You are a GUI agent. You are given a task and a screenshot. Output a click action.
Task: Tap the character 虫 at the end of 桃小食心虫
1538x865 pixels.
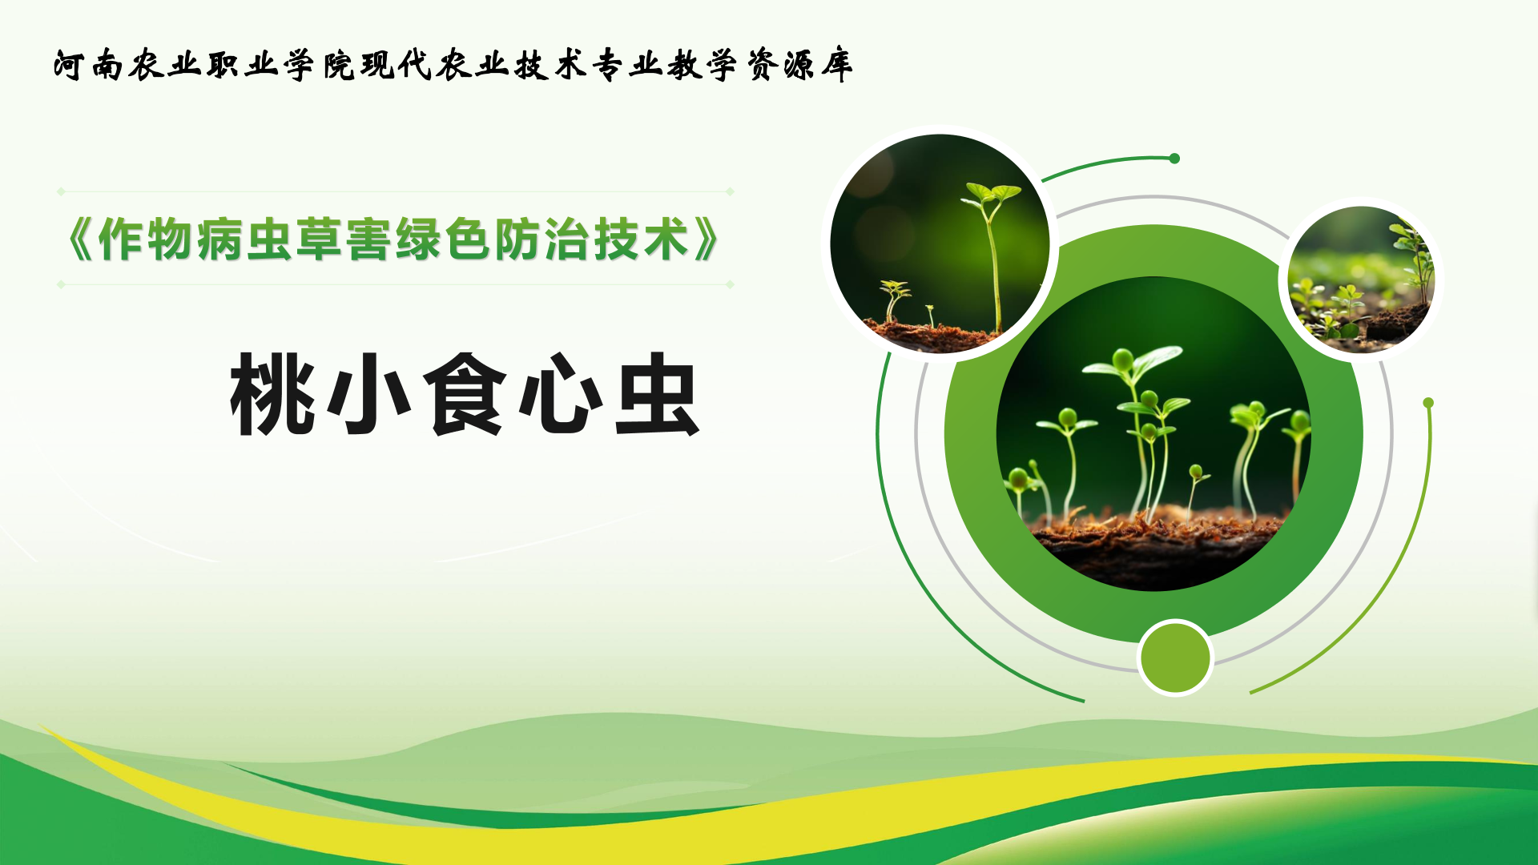[x=657, y=395]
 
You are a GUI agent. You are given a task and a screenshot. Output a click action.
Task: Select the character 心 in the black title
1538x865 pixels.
[x=561, y=395]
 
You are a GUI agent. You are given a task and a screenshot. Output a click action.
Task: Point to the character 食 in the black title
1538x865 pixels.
[x=465, y=395]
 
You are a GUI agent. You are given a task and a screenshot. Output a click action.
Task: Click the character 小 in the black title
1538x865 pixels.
[x=369, y=395]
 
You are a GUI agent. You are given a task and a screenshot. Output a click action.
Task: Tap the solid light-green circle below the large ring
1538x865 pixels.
[x=1175, y=658]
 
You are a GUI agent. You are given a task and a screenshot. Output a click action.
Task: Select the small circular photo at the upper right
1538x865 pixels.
[x=1361, y=280]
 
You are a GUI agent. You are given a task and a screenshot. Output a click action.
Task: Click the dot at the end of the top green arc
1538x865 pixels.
[x=1174, y=159]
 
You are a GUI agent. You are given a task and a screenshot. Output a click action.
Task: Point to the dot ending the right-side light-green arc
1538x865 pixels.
[x=1428, y=403]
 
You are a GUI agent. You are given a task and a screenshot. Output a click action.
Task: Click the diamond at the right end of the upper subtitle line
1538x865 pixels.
[x=730, y=191]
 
